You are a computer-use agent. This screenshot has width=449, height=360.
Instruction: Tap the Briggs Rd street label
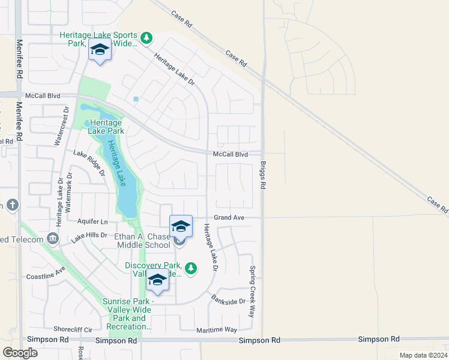[263, 175]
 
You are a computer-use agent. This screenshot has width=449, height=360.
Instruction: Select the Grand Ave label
[229, 218]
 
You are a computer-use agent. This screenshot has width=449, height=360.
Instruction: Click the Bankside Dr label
[229, 298]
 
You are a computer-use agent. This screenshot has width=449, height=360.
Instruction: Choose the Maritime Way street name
[217, 330]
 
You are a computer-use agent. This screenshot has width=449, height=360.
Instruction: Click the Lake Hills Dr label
[89, 238]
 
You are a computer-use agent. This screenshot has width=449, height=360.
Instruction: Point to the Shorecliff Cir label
[73, 329]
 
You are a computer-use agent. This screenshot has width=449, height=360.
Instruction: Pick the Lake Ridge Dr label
[89, 163]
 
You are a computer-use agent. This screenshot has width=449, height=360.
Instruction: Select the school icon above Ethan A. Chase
[181, 226]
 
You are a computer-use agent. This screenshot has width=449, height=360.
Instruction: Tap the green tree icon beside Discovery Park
[191, 268]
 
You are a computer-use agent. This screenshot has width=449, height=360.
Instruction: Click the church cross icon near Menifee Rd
[13, 205]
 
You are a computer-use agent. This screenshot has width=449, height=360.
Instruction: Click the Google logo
[20, 352]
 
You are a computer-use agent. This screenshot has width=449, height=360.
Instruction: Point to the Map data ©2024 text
[423, 355]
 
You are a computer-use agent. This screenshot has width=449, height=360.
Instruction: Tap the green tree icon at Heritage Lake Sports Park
[146, 39]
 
